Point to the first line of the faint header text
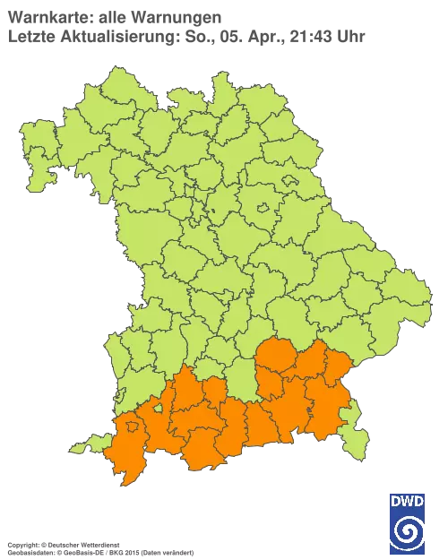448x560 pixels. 113,16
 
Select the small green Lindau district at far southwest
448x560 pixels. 85,444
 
